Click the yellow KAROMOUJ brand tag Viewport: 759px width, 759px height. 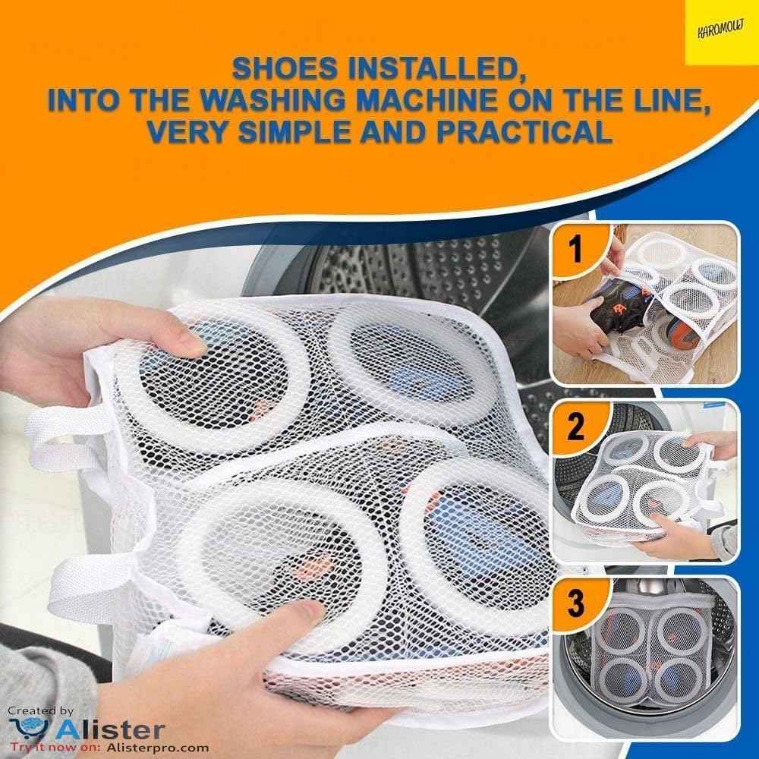(720, 33)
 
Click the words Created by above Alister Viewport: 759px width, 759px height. (41, 711)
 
